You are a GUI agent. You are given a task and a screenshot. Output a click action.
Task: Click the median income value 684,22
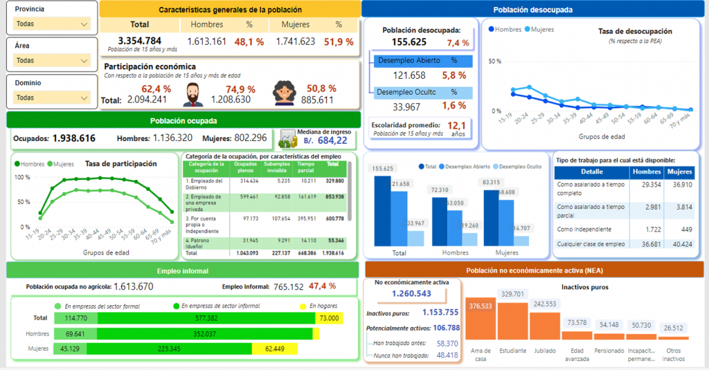(x=332, y=140)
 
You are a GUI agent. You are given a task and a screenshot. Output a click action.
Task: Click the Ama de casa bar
(x=481, y=324)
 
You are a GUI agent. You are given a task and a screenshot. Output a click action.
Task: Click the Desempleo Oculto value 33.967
(x=406, y=107)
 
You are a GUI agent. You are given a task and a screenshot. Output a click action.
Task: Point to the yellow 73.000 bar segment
(x=329, y=318)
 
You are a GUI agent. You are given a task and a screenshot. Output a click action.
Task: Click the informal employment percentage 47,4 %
(x=322, y=286)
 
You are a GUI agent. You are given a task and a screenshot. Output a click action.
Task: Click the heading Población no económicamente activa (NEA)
(x=532, y=270)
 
